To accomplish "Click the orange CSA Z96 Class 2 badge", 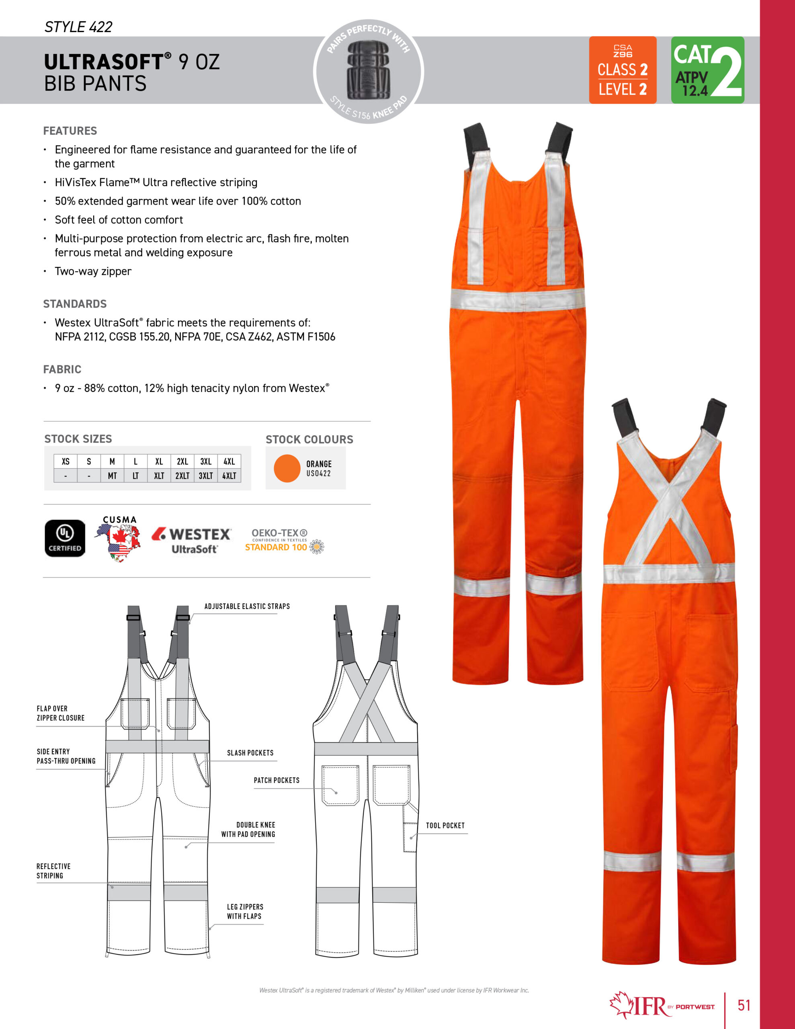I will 622,70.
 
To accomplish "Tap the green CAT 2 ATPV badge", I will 707,70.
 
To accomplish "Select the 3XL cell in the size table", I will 205,461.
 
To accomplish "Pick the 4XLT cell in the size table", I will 229,476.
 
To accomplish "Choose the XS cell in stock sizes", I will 66,461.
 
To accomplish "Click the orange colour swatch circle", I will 287,468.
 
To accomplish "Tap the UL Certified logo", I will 65,538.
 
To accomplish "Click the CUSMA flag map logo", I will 120,539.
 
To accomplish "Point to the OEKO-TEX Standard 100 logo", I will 284,540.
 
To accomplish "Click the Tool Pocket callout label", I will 445,826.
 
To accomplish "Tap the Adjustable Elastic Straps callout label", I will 247,607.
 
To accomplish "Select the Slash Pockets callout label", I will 250,753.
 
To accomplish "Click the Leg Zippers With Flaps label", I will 245,911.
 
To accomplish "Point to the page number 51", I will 744,1005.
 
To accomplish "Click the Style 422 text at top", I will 78,27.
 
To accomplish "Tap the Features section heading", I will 70,131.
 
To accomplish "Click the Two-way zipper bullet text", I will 93,271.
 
